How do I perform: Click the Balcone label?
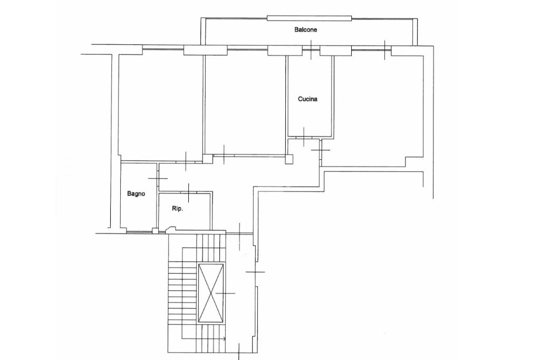tap(305, 30)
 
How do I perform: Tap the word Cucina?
tap(307, 99)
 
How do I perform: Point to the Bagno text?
tap(136, 194)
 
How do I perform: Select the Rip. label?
tap(177, 209)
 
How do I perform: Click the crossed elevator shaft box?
tap(211, 293)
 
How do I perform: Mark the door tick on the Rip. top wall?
tap(189, 193)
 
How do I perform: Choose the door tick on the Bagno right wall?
tap(158, 178)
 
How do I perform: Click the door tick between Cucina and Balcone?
tap(311, 50)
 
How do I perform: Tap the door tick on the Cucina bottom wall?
tap(304, 137)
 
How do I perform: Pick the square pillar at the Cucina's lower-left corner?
tap(289, 159)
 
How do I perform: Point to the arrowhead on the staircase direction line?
tap(225, 339)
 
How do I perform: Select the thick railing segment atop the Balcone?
tap(309, 18)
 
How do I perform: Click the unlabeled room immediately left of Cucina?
tap(245, 103)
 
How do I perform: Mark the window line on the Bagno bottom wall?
tap(139, 231)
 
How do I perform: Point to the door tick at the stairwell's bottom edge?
tap(239, 352)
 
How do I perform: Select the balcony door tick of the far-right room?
tap(384, 50)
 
